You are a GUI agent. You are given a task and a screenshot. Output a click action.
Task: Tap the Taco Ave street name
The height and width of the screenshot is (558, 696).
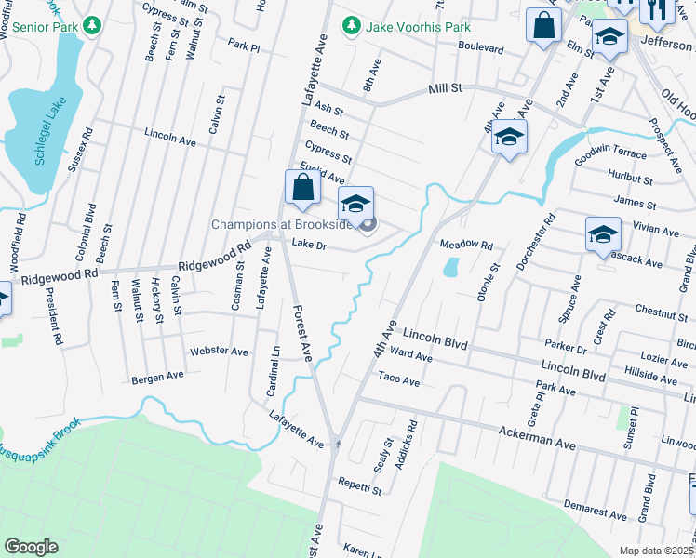pos(399,380)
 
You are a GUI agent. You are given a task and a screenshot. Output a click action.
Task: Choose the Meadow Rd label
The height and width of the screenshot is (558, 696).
pos(465,245)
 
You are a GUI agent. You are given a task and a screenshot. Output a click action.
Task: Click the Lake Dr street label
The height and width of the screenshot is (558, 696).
pos(309,245)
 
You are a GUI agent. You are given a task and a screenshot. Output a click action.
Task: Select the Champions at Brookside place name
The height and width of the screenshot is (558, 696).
pos(281,224)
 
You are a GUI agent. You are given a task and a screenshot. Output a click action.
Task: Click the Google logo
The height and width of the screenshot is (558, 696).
pos(31,547)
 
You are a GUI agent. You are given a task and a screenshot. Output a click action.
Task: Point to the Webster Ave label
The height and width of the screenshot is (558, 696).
pos(219,352)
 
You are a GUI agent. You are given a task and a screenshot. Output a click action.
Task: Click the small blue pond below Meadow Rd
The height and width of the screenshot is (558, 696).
pos(451,268)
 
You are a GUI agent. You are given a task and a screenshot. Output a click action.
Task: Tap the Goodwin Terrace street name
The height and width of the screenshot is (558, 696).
pos(609,156)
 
